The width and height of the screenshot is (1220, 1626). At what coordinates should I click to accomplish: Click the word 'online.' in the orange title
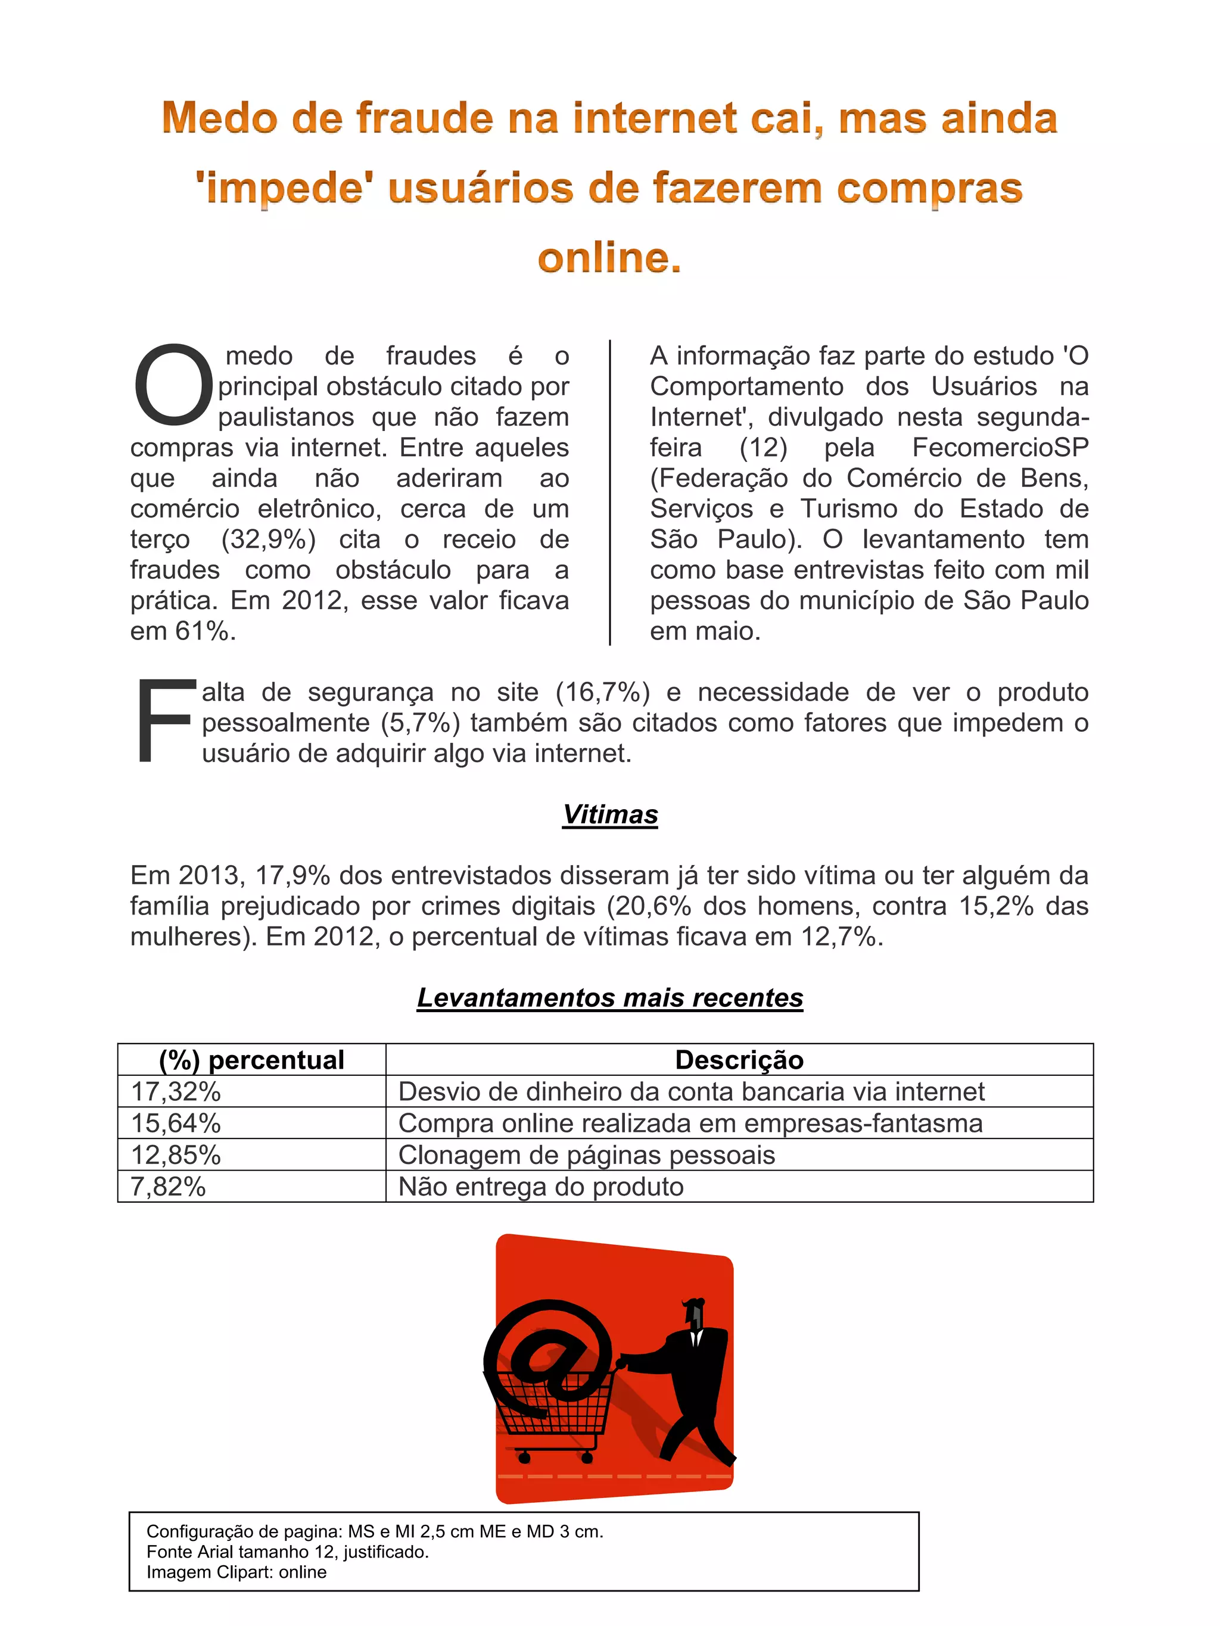609,258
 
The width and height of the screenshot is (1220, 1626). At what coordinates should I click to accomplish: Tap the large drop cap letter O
173,385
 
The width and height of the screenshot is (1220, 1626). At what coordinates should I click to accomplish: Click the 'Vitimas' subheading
609,814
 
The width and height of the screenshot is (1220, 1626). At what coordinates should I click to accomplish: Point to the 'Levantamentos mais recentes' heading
609,997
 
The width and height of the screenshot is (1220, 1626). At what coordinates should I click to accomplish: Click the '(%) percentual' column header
251,1060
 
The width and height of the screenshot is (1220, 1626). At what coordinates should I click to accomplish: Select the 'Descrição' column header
739,1060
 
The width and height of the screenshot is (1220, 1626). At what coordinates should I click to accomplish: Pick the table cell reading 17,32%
176,1091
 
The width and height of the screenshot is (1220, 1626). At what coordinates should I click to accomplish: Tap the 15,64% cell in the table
176,1123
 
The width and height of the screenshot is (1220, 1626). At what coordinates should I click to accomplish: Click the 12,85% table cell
176,1155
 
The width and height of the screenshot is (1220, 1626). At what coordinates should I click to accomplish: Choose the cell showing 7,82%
169,1187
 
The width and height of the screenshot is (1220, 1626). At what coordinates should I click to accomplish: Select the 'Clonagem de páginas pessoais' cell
586,1155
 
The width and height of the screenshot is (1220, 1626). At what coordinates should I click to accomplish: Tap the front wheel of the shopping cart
524,1456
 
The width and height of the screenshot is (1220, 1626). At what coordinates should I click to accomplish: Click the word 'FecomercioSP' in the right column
1000,448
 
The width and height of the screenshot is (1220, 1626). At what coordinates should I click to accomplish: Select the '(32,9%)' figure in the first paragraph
269,539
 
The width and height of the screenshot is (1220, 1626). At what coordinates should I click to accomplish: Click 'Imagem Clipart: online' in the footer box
236,1572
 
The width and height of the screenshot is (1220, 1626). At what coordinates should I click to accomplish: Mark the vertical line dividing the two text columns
609,492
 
